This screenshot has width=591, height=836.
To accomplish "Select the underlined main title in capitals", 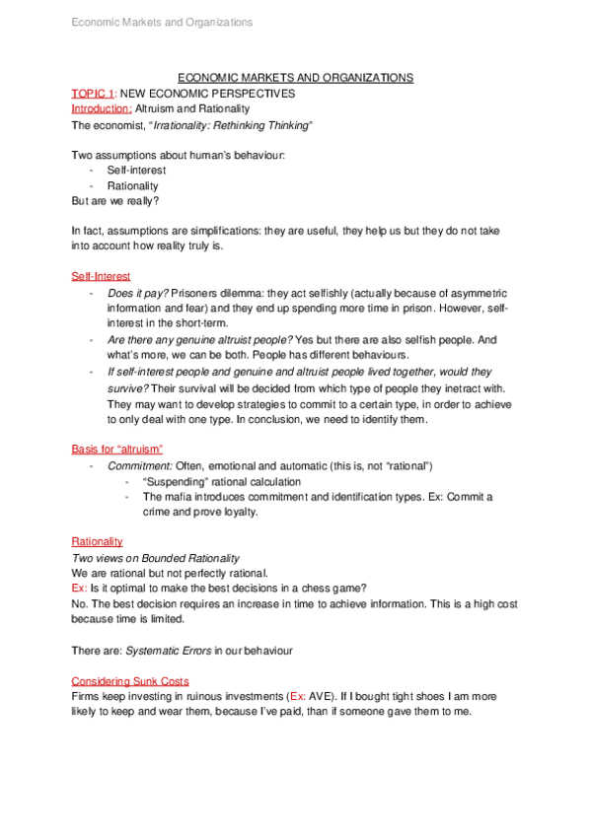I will pyautogui.click(x=295, y=78).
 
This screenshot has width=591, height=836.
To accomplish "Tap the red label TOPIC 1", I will pyautogui.click(x=93, y=94).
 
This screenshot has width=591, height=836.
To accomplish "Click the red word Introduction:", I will pyautogui.click(x=102, y=108).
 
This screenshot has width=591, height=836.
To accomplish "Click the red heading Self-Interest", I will pyautogui.click(x=101, y=276).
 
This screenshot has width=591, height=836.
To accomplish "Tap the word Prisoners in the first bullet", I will pyautogui.click(x=197, y=293).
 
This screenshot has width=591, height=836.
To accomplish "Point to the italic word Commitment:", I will pyautogui.click(x=140, y=465).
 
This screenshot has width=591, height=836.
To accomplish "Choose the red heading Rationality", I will pyautogui.click(x=97, y=541).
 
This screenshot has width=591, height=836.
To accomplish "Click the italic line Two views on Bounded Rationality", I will pyautogui.click(x=155, y=558).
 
